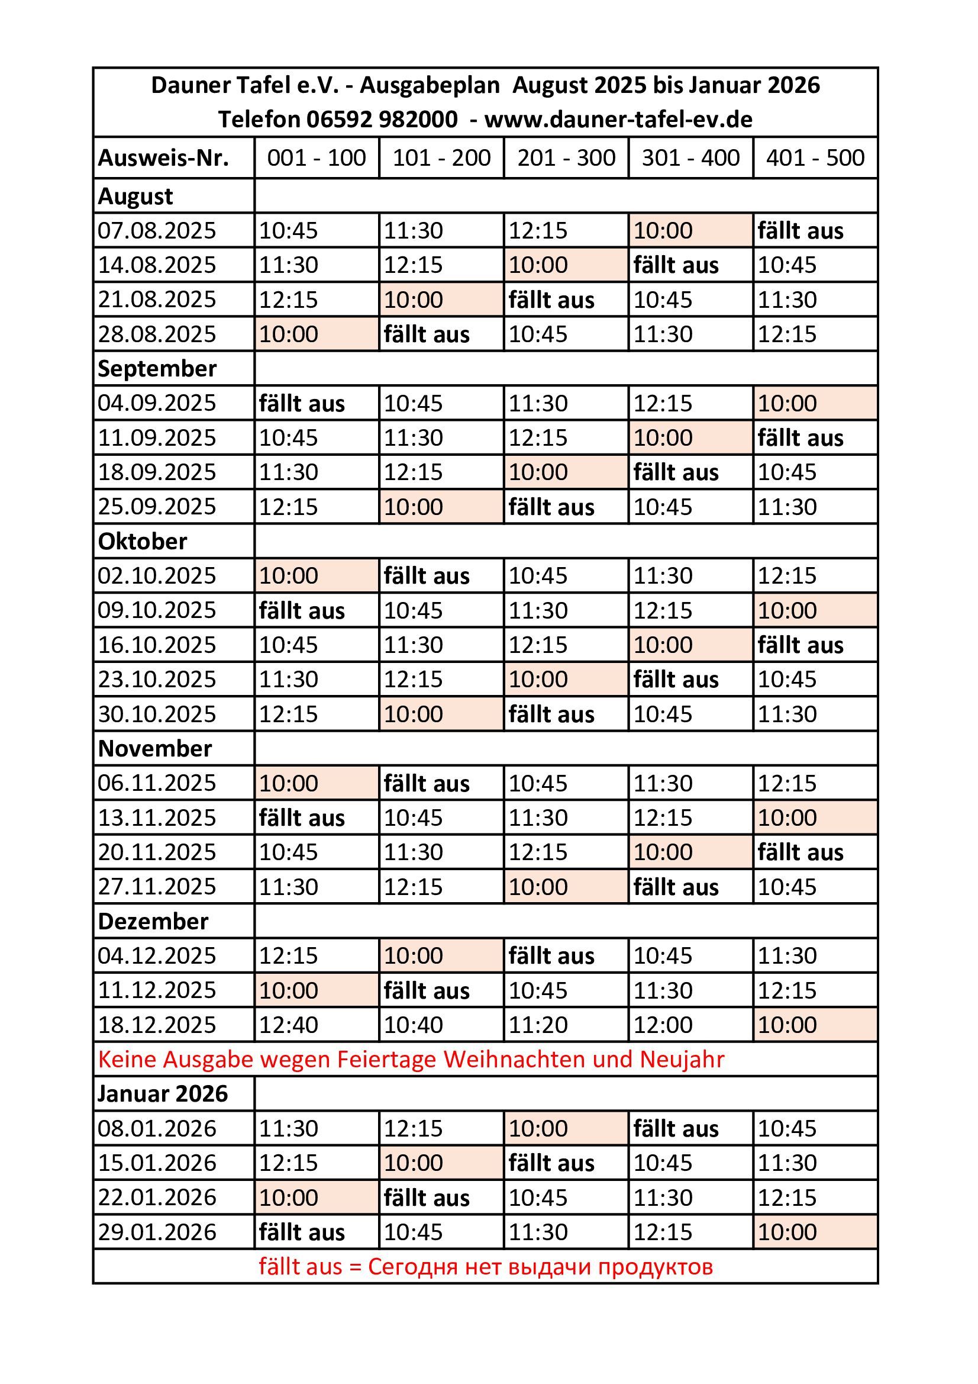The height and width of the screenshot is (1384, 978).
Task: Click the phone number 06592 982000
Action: click(x=382, y=120)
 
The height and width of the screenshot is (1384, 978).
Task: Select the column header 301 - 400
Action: click(x=690, y=158)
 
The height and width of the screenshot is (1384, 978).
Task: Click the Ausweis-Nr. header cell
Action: click(x=163, y=158)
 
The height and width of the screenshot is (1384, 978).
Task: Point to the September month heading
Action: click(x=157, y=368)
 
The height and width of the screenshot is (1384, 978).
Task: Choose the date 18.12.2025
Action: click(x=157, y=1024)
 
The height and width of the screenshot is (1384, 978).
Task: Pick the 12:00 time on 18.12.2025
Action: click(x=663, y=1024)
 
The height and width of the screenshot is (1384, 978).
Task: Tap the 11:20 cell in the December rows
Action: click(x=538, y=1024)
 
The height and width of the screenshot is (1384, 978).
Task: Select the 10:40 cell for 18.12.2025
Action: click(x=414, y=1024)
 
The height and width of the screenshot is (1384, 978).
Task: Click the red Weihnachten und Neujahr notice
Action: click(x=411, y=1059)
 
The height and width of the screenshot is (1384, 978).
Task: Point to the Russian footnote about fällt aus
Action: click(x=486, y=1266)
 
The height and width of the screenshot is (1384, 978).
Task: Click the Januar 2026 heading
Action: click(x=163, y=1093)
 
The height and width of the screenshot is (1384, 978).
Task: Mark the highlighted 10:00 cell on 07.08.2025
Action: click(x=663, y=230)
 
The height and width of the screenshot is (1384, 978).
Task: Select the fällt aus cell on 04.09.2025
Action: click(x=301, y=403)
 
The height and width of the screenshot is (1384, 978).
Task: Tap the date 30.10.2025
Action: click(x=157, y=714)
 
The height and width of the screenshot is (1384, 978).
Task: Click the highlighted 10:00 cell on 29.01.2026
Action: click(x=787, y=1231)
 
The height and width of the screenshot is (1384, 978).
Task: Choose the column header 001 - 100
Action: click(x=317, y=158)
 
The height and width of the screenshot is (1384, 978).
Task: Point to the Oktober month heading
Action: click(x=142, y=541)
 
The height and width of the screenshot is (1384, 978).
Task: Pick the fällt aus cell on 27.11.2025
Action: click(x=676, y=887)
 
